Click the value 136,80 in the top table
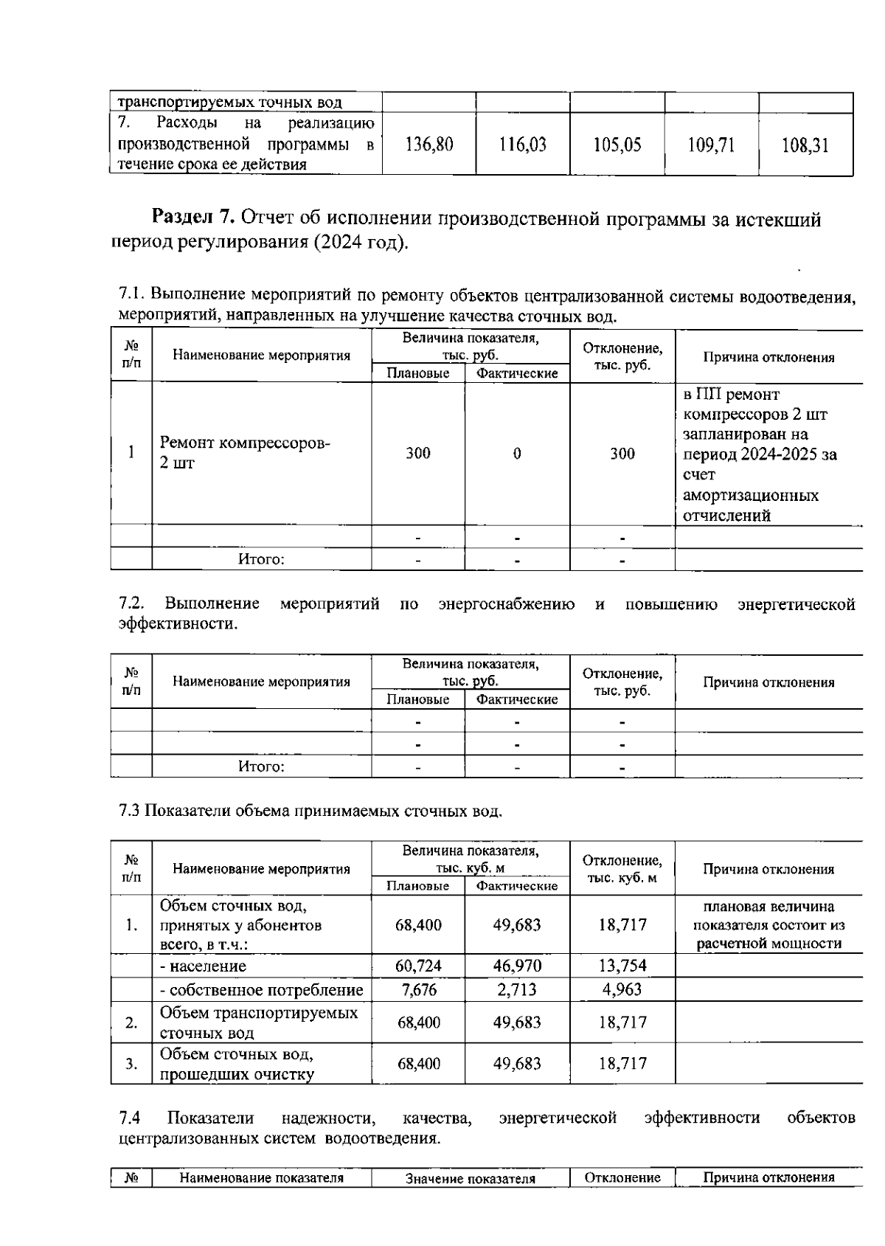(x=429, y=145)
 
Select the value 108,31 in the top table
(x=805, y=145)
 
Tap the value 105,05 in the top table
(x=617, y=145)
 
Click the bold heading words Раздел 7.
(x=193, y=218)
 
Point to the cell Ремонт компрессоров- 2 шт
(x=245, y=452)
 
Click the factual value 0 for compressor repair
(x=517, y=453)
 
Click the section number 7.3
(x=129, y=811)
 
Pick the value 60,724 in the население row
(x=418, y=966)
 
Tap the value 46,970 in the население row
(x=517, y=966)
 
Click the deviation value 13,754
(x=622, y=966)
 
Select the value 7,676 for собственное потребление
(x=418, y=989)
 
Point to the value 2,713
(x=517, y=989)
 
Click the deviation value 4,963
(x=622, y=989)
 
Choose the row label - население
(x=204, y=966)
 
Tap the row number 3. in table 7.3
(x=131, y=1063)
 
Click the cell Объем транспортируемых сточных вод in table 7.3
(x=259, y=1022)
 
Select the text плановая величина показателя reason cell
(x=768, y=924)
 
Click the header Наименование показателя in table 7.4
(x=261, y=1178)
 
